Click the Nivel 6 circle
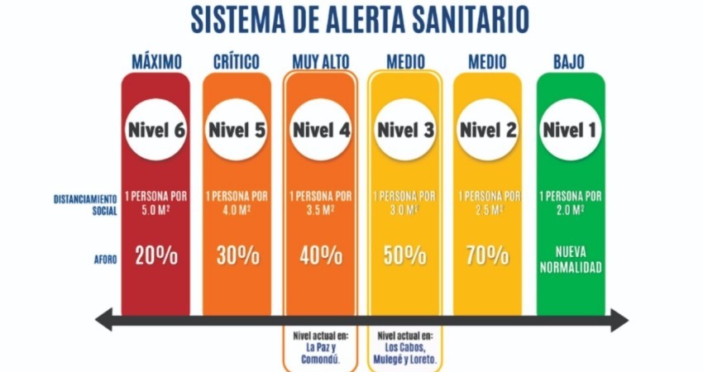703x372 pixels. [x=155, y=130]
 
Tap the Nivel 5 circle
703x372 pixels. [x=237, y=130]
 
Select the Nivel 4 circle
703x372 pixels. [x=321, y=130]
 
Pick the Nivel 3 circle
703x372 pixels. [x=405, y=130]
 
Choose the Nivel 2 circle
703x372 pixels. [x=488, y=130]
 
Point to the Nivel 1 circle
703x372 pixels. [x=571, y=130]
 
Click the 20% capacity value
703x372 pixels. [x=155, y=255]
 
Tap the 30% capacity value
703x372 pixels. [x=237, y=255]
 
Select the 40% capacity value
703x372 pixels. [x=321, y=255]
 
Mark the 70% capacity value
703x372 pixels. [x=488, y=255]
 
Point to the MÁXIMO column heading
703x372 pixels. [x=155, y=62]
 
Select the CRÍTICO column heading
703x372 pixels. [x=237, y=62]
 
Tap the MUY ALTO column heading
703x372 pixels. [x=321, y=62]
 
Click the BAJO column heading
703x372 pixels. [x=570, y=62]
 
